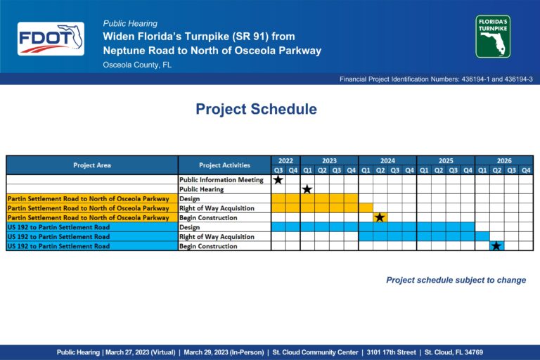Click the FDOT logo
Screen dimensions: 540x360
[x=51, y=39]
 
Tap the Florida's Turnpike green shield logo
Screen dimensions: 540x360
[x=493, y=37]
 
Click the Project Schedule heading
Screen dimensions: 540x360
[x=256, y=109]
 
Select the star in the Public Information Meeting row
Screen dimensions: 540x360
[x=278, y=179]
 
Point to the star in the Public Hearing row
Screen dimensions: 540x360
[x=307, y=189]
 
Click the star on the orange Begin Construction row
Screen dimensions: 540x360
[x=380, y=217]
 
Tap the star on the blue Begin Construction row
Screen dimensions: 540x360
[x=496, y=246]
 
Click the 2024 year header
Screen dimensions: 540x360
[x=387, y=161]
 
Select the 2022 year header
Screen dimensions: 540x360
[x=285, y=161]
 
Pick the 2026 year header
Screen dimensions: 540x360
[x=504, y=161]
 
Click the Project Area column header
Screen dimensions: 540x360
[x=92, y=165]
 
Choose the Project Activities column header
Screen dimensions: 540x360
[x=224, y=165]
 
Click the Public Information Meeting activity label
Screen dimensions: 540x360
[x=221, y=180]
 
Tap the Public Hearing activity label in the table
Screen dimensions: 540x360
[x=202, y=189]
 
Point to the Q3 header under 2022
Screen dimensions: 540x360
[x=278, y=170]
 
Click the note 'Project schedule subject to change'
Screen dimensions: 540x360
[x=456, y=280]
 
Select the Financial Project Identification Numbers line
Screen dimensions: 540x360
[x=436, y=79]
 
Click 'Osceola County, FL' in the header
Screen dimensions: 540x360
[x=137, y=65]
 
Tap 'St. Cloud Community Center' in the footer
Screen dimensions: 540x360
[x=315, y=352]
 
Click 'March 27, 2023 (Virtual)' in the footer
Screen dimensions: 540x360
[x=140, y=352]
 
